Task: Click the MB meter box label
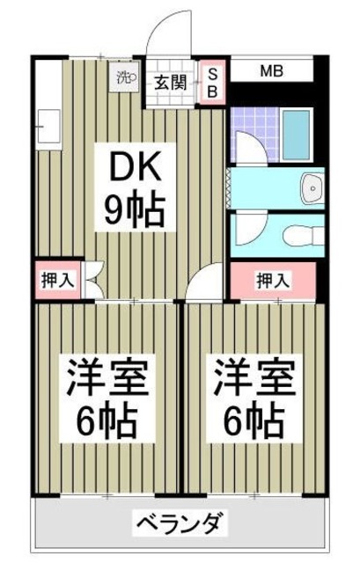(270, 69)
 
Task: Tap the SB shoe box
(212, 82)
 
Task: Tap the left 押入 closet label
(58, 281)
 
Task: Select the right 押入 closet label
(272, 281)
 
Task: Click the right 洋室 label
(252, 377)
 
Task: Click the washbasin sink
(310, 187)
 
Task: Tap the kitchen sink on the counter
(48, 122)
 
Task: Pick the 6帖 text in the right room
(252, 424)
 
